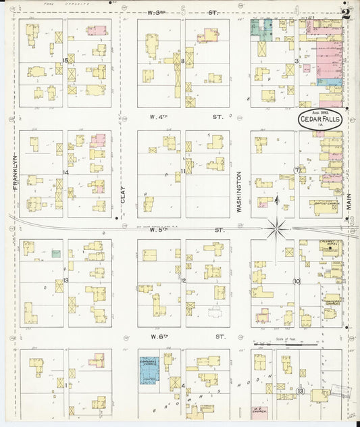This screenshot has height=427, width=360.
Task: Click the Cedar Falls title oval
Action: [322, 120]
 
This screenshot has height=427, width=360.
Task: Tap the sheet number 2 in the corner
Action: [346, 13]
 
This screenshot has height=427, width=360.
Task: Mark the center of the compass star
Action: [276, 229]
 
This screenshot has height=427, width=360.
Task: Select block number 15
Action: [66, 61]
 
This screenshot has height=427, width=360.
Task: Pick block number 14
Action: [66, 173]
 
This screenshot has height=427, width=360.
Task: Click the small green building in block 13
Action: [55, 254]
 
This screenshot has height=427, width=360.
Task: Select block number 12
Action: [183, 280]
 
